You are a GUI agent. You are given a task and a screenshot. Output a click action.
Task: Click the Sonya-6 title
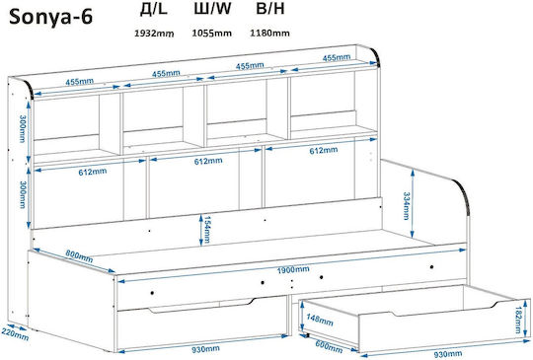(50, 17)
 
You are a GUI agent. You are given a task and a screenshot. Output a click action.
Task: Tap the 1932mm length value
(154, 33)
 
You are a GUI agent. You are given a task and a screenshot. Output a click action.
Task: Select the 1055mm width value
(212, 33)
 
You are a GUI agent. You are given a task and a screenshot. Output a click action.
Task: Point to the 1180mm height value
(269, 33)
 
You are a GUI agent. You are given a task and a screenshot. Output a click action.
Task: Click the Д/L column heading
(154, 9)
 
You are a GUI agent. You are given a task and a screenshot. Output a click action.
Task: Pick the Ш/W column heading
(212, 9)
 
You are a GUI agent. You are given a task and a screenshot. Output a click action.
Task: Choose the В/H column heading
(270, 9)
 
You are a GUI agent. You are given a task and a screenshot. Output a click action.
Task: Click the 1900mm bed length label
(293, 269)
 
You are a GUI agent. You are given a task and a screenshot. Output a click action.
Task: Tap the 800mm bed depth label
(79, 255)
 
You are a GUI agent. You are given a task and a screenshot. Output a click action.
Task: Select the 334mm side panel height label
(406, 206)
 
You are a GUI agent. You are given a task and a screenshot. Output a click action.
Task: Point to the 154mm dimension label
(207, 230)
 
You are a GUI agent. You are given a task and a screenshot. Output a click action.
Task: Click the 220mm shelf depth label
(15, 333)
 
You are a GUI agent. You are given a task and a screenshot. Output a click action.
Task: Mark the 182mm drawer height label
(519, 320)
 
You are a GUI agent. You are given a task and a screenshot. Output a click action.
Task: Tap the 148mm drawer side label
(320, 320)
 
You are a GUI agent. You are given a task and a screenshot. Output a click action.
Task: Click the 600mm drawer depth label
(329, 346)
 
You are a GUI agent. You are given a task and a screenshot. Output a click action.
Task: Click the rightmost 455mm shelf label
(337, 58)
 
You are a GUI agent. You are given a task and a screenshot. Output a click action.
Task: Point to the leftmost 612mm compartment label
(93, 172)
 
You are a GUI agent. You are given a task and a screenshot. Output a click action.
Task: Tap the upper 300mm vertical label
(23, 129)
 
